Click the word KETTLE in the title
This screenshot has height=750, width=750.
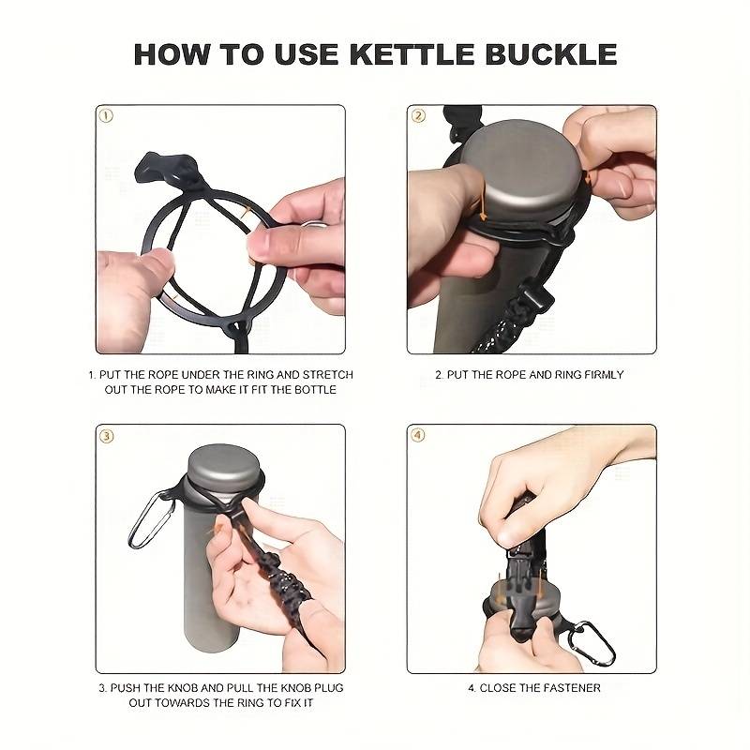pyautogui.click(x=412, y=54)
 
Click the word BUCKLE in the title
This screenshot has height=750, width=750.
pyautogui.click(x=550, y=54)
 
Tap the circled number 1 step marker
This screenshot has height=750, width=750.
pyautogui.click(x=106, y=115)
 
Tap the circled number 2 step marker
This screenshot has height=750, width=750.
pyautogui.click(x=418, y=115)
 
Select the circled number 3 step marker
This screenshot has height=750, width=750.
pyautogui.click(x=106, y=436)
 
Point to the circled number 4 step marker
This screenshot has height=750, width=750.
pyautogui.click(x=418, y=435)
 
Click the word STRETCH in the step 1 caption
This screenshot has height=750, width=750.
pyautogui.click(x=327, y=374)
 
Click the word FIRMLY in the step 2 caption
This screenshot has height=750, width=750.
pyautogui.click(x=604, y=374)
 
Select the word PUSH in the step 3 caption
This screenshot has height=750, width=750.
pyautogui.click(x=126, y=688)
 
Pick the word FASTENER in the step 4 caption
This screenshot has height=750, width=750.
pyautogui.click(x=571, y=688)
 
